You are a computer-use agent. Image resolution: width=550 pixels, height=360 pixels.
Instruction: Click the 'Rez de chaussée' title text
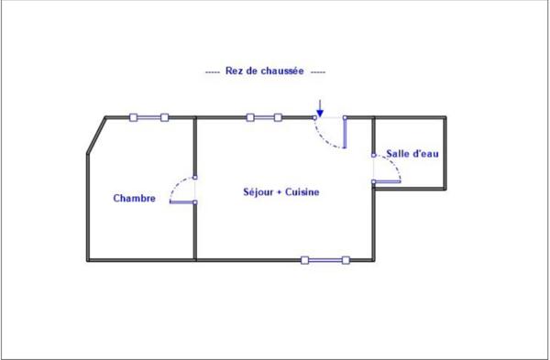(264, 71)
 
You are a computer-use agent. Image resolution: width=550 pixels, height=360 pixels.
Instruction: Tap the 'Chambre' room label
(134, 199)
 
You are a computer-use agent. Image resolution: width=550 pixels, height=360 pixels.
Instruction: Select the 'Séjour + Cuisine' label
(280, 192)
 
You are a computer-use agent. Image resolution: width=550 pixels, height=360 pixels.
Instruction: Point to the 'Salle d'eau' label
(412, 154)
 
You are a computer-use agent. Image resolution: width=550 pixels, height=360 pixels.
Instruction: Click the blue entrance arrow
(319, 106)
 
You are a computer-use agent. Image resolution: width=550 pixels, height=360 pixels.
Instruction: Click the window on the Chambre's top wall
(148, 117)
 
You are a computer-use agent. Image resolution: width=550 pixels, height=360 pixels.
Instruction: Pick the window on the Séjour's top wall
(264, 117)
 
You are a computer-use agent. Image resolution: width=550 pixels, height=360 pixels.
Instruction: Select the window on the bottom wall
(324, 260)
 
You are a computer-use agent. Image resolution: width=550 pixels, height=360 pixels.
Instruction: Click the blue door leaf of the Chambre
(182, 202)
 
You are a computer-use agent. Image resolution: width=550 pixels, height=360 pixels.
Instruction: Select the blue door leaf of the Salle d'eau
(388, 181)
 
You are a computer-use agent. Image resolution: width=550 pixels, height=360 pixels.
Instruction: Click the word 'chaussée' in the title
(286, 71)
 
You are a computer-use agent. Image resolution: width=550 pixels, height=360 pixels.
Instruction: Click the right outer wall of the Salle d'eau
(445, 153)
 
